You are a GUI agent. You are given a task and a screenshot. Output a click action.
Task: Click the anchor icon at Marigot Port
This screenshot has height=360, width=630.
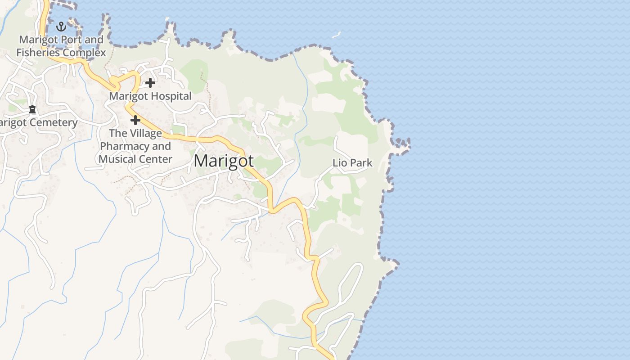(x=61, y=27)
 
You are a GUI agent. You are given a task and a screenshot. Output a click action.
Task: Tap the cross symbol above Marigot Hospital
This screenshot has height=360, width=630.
(x=150, y=83)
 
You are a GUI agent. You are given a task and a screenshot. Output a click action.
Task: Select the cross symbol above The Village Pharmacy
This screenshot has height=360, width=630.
(x=135, y=120)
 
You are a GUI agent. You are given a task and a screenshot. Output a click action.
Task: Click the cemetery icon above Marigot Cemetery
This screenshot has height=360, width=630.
(x=32, y=109)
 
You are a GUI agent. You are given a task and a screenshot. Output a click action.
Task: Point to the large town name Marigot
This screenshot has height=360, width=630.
(x=224, y=161)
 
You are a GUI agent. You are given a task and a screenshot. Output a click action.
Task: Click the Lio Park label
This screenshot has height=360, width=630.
(x=352, y=163)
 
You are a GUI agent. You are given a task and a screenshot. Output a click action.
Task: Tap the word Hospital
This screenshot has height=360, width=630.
(x=171, y=96)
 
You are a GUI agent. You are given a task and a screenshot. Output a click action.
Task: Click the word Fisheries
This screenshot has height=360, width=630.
(x=38, y=53)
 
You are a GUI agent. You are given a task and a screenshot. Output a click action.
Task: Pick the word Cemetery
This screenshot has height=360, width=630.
(x=54, y=122)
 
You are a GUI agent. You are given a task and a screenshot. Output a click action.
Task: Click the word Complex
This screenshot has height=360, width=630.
(x=85, y=53)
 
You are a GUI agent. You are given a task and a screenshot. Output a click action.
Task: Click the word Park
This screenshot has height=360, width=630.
(x=360, y=163)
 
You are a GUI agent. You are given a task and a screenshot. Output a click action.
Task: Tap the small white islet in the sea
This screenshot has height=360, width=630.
(x=336, y=35)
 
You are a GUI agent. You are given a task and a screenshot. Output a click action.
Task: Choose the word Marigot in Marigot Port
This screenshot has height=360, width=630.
(x=39, y=40)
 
